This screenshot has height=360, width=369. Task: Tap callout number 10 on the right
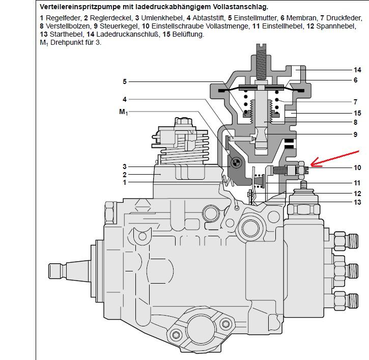point(357,168)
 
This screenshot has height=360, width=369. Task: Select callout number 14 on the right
point(357,70)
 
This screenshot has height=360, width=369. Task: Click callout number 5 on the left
point(124,81)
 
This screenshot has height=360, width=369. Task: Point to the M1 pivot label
point(123,112)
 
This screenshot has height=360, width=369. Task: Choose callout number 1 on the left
point(124,182)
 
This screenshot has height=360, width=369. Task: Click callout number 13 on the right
point(357,202)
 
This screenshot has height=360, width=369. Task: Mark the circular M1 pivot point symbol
point(236,163)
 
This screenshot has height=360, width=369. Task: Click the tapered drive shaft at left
point(71,269)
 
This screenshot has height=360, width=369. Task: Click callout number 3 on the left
point(124,167)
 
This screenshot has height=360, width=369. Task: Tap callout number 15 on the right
point(357,113)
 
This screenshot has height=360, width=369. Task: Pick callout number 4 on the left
point(124,99)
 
